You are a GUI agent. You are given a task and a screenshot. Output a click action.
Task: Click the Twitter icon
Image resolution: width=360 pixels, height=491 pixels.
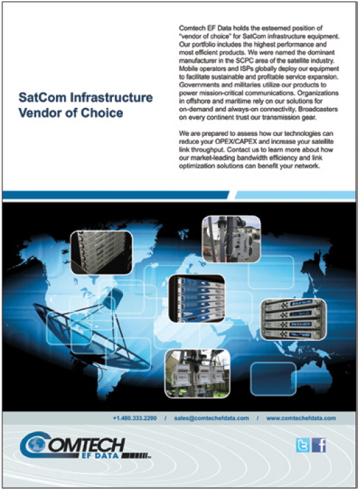(303, 445)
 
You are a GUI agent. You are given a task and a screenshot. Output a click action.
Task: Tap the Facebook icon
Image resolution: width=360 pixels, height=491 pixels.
(318, 445)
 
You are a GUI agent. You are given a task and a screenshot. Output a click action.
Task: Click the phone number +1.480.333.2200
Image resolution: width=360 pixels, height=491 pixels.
(135, 418)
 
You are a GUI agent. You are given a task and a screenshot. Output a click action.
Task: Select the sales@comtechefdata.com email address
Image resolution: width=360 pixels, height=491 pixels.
(212, 418)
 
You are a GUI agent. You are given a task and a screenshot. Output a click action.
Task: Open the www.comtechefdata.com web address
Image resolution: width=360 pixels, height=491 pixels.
(301, 418)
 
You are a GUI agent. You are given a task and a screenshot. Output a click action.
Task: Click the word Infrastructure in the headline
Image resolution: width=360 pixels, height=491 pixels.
(111, 98)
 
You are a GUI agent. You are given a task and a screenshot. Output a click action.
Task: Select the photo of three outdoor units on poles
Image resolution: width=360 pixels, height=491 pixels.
(197, 374)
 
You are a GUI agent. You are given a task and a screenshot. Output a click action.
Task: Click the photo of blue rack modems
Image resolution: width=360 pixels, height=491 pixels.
(197, 298)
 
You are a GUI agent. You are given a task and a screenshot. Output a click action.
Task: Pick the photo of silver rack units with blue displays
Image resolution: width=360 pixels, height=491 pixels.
(294, 320)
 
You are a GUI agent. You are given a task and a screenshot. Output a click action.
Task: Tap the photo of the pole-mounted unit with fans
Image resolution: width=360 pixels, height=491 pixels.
(232, 239)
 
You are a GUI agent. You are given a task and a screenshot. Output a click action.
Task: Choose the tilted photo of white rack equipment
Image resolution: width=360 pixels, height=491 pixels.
(101, 253)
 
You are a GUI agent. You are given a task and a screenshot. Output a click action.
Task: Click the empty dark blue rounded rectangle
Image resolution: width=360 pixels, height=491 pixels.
(273, 379)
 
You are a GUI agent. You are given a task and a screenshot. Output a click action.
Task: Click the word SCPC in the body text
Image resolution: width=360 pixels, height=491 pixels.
(252, 60)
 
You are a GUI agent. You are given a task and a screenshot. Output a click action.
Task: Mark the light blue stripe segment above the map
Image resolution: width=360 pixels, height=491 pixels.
(295, 195)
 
